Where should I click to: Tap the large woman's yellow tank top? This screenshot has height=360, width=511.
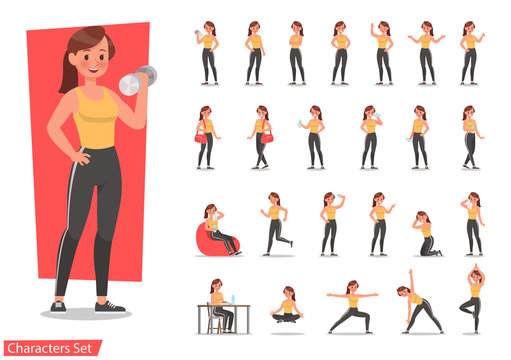tap(94, 120)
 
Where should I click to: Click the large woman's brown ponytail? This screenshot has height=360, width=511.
tap(69, 69)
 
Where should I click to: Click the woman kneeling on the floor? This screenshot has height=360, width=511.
tap(426, 236)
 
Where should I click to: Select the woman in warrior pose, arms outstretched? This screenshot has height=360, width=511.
tap(353, 305)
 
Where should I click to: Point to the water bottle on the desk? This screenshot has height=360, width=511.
tap(233, 298)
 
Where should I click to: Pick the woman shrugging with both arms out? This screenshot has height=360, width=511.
tap(426, 51)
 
